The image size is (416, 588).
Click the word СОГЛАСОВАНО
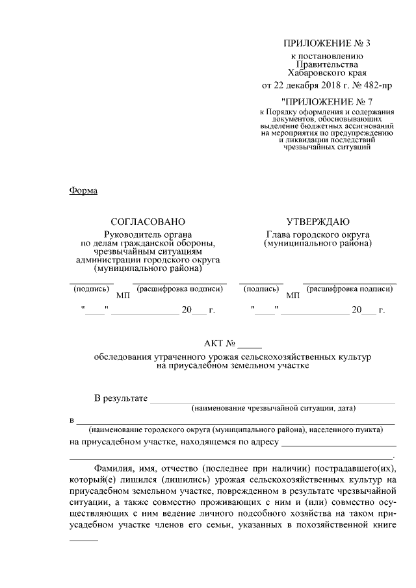click(x=148, y=222)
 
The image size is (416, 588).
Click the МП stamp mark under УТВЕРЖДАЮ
click(x=293, y=296)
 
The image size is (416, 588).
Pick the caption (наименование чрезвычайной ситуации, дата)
click(x=273, y=409)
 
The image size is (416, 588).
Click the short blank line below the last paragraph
click(x=83, y=540)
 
